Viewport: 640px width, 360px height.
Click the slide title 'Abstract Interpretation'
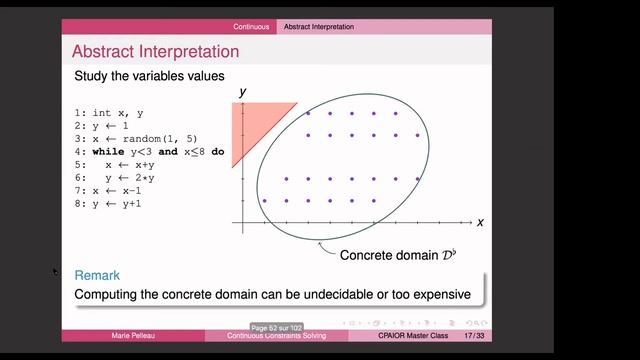155,51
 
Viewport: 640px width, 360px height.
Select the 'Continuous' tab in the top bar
251,26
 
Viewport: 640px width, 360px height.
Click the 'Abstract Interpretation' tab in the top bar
318,26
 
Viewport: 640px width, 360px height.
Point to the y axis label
242,93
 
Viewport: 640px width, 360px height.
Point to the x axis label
480,222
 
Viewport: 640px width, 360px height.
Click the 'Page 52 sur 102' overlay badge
277,327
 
